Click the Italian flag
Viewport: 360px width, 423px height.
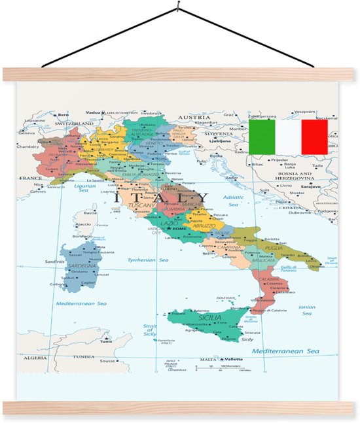click(288, 136)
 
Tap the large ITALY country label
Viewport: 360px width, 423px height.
click(156, 197)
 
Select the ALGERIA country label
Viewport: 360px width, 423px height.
click(35, 358)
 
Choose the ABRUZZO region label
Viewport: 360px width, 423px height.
click(204, 226)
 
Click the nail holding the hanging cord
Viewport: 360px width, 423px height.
click(178, 8)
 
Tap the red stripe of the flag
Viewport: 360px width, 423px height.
click(314, 136)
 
